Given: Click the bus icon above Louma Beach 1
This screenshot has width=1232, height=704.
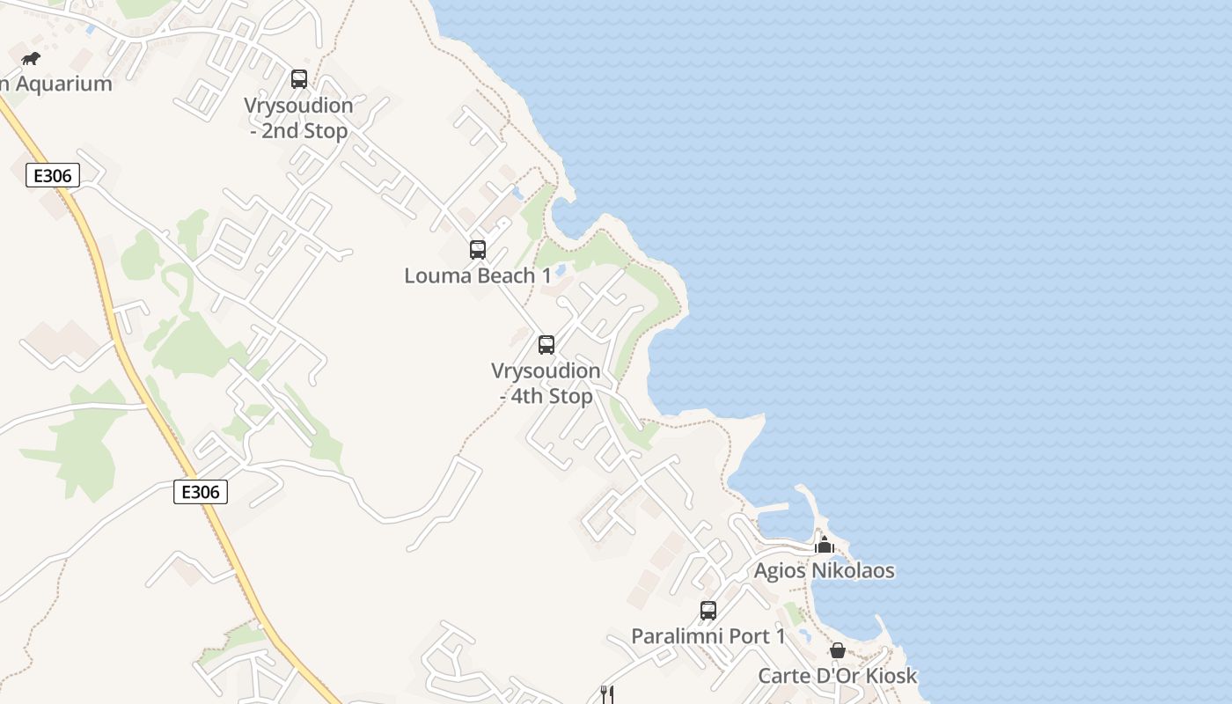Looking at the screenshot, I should pos(478,250).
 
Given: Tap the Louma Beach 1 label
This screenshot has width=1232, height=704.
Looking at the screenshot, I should pos(478,275).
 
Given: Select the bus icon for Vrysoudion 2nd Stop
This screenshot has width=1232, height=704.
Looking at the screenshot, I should pos(299,79).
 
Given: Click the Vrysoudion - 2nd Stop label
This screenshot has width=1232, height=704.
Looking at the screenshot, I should pos(299,118).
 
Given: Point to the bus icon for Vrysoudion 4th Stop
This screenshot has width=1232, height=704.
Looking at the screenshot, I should pos(546,345).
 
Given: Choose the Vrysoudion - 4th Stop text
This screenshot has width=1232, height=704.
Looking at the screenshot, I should pos(546,384).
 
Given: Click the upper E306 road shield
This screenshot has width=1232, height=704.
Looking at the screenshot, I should pos(52,176).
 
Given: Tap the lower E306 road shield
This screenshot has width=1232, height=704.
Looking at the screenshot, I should pos(200,492).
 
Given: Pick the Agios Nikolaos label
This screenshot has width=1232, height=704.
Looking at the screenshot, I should pos(824,571).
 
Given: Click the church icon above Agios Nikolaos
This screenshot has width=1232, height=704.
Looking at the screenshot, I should pos(825,546).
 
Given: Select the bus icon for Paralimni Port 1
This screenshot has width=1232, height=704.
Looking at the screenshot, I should pos(708,610).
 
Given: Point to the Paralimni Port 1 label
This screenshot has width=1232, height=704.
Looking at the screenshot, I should pos(708,636).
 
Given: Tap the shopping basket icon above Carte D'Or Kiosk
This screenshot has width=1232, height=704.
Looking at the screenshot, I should pos(838,650).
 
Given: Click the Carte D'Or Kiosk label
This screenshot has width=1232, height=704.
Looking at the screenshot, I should pos(837,676).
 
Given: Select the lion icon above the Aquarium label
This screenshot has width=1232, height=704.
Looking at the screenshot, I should pos(31,59).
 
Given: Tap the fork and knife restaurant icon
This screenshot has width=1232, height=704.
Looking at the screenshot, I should pos(606,693).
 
